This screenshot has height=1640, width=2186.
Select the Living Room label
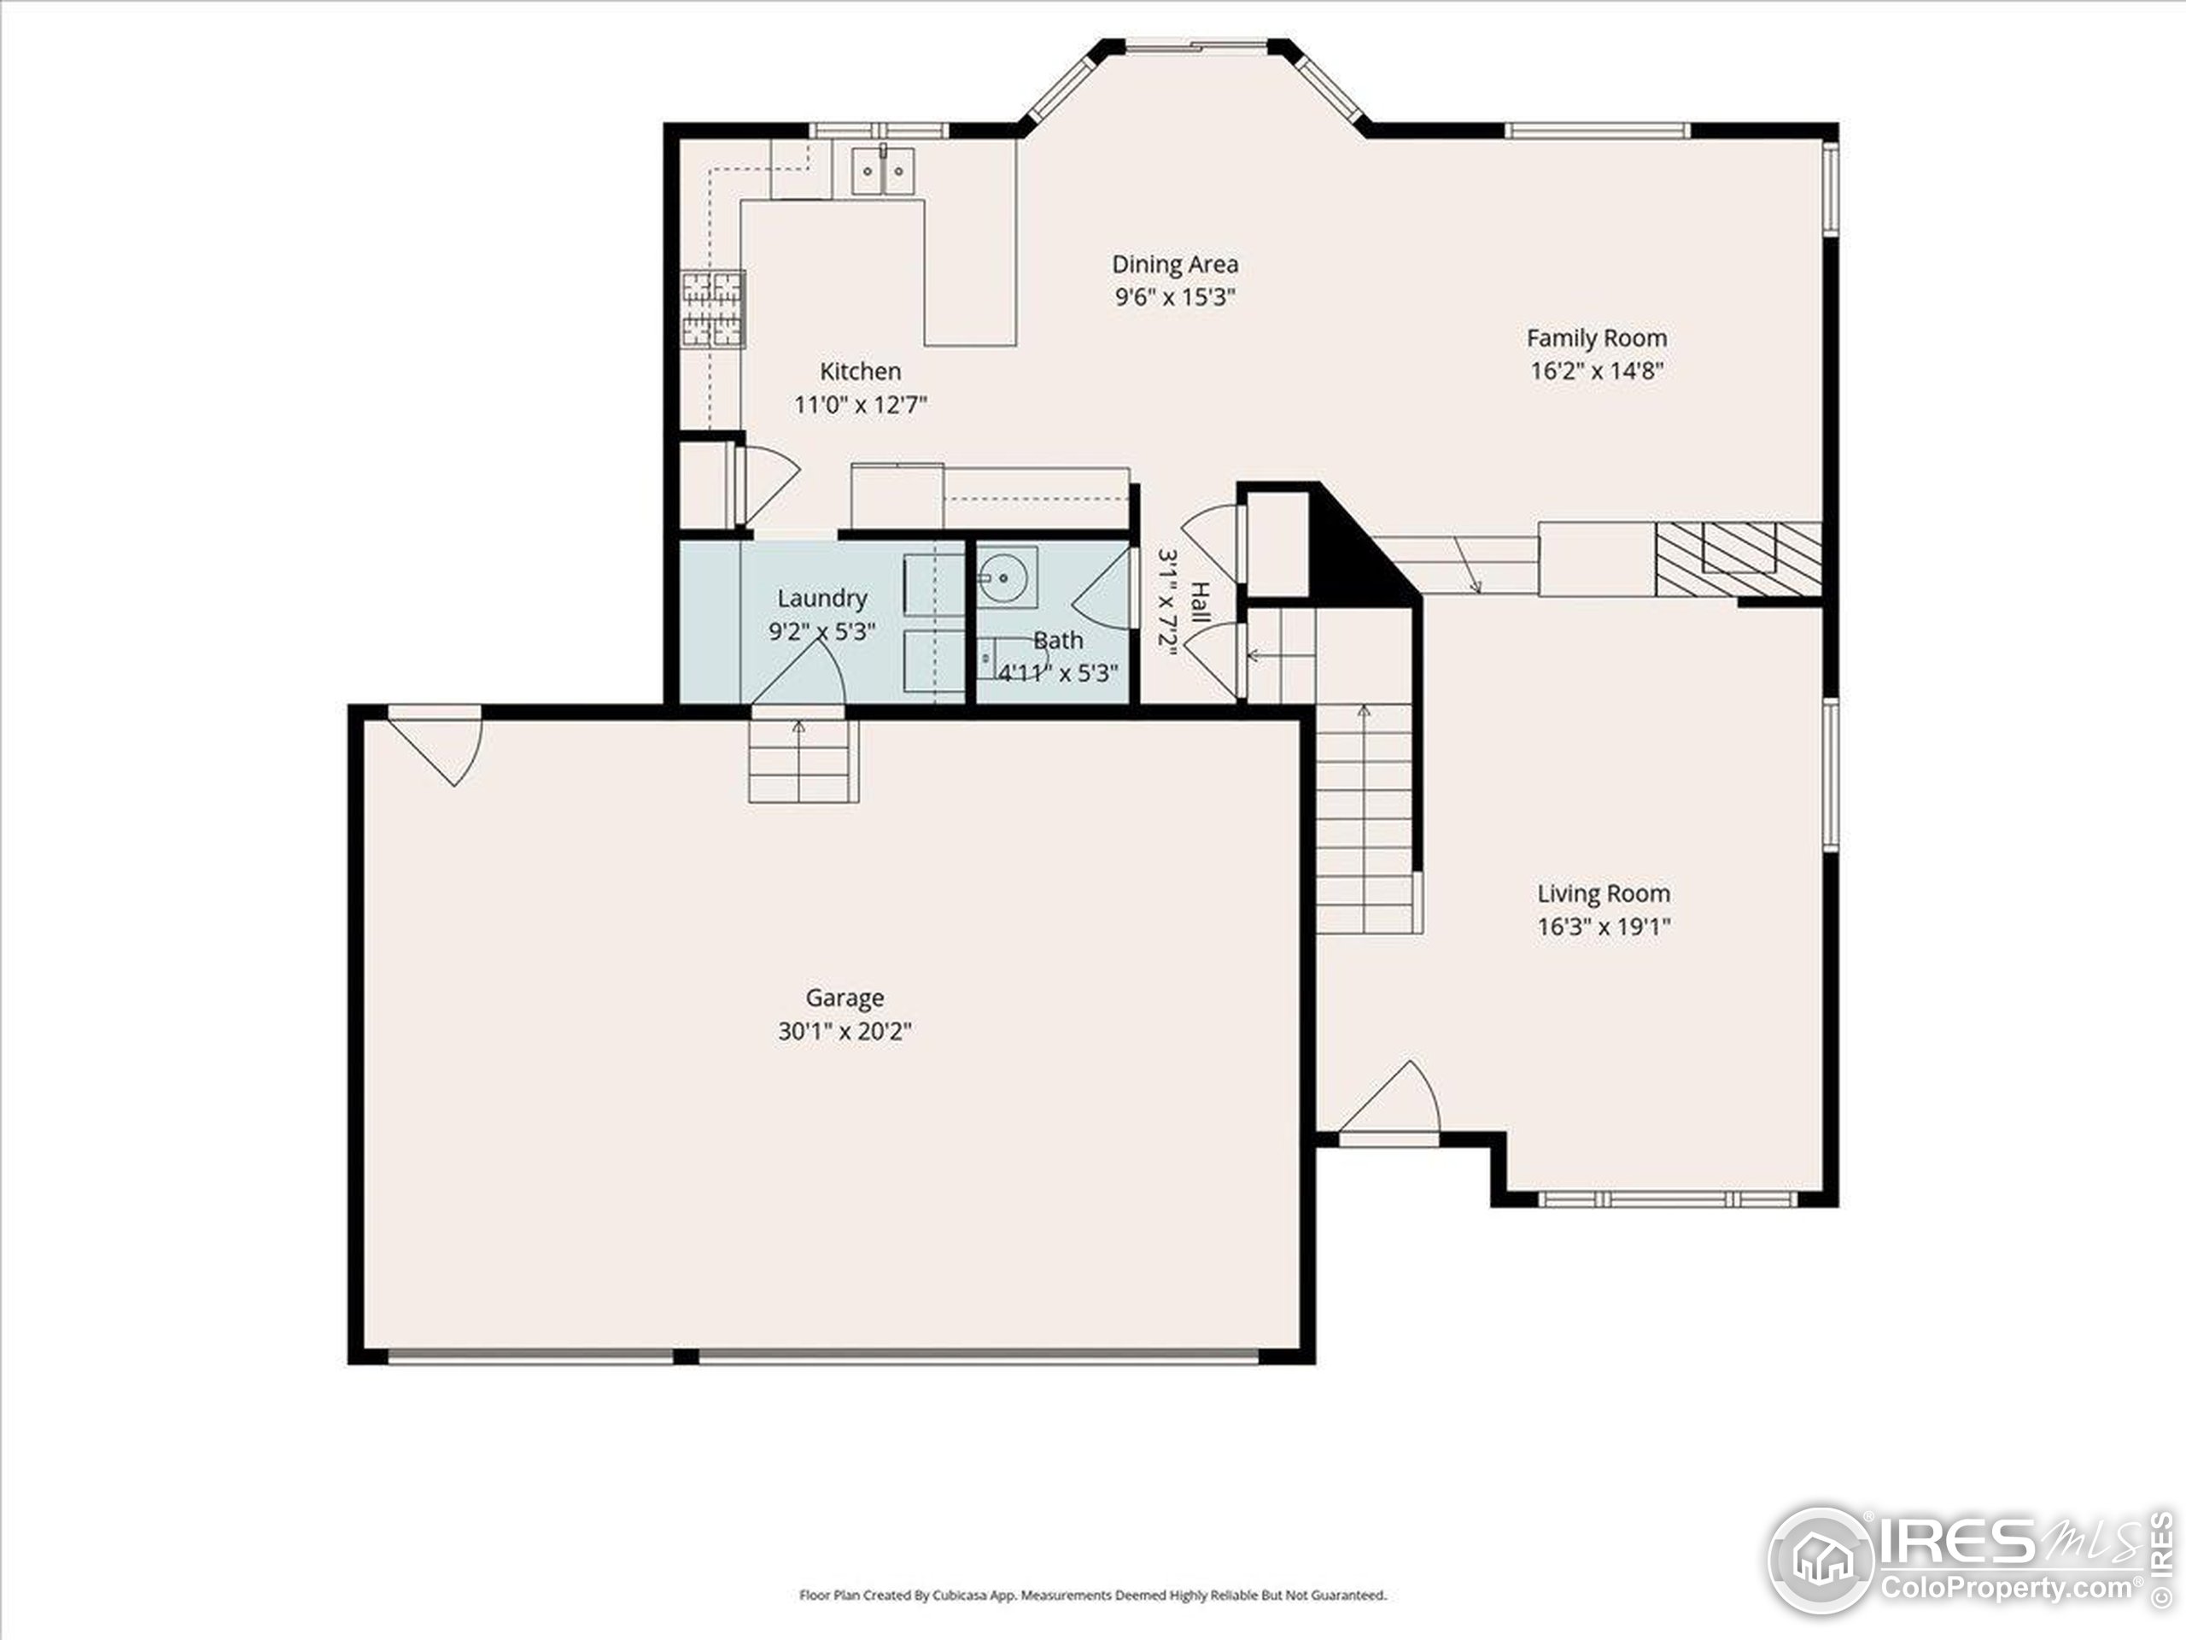tap(1603, 893)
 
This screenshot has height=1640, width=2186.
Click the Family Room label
tap(1596, 338)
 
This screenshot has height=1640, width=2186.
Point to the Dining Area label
tap(1174, 264)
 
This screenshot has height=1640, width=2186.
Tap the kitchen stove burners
tap(712, 309)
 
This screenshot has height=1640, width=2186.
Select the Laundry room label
tap(821, 598)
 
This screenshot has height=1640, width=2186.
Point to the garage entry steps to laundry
tap(800, 761)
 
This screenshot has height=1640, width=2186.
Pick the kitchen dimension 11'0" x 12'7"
tap(861, 404)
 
